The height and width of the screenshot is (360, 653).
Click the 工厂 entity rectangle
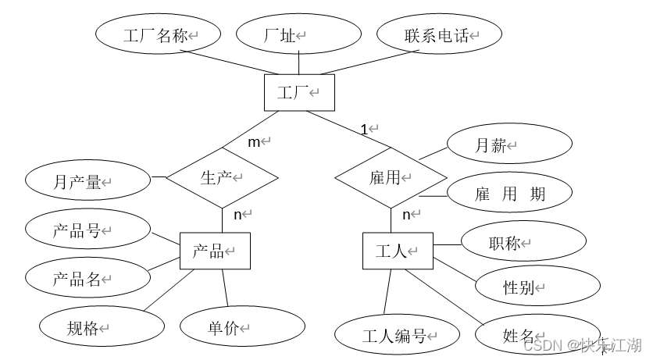point(299,93)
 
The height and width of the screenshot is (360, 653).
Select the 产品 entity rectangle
point(215,251)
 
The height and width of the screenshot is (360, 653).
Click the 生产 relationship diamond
point(223,177)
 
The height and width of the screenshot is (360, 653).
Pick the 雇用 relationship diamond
point(390,177)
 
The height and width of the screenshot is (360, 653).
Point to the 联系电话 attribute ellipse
point(439,34)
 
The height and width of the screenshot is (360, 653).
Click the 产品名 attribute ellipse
point(87,278)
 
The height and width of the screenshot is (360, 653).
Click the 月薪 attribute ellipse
point(496,145)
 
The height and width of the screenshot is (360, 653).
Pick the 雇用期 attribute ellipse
point(509,194)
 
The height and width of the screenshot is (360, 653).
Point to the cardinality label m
point(254,141)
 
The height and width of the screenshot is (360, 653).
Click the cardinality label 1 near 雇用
point(364,128)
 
